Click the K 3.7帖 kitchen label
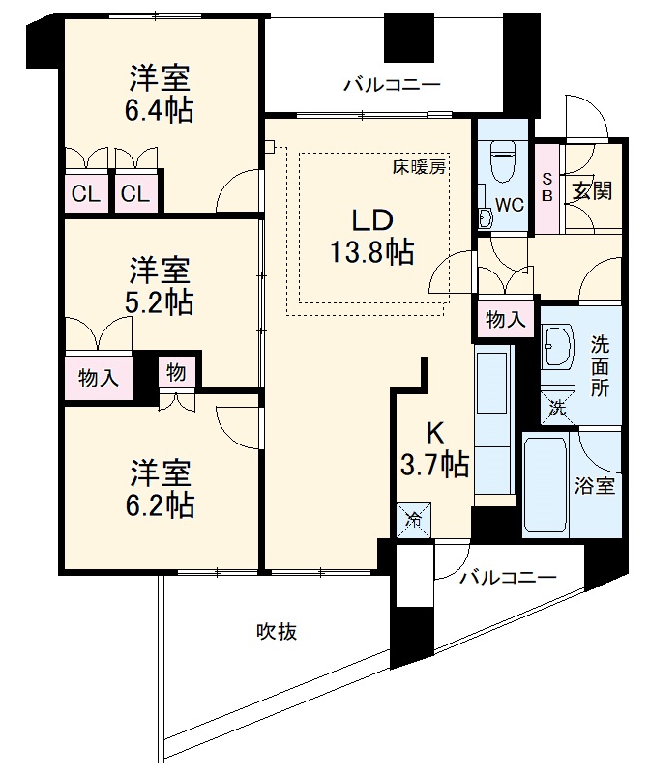click(x=434, y=448)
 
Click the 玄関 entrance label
click(x=591, y=189)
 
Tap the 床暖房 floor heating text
click(x=418, y=166)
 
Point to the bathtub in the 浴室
click(x=545, y=485)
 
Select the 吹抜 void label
click(x=276, y=632)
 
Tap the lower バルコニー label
click(x=507, y=578)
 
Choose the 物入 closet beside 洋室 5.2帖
click(x=99, y=378)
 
